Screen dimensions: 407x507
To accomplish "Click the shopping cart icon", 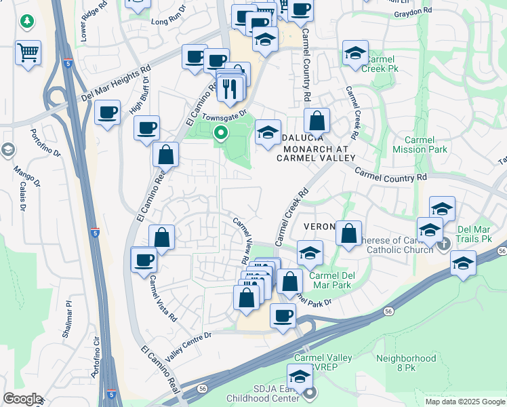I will pos(28,52).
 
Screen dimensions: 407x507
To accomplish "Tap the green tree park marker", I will pos(27,22).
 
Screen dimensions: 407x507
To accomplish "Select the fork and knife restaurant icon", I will pos(230,88).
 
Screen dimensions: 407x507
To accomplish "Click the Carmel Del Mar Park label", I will pos(331,280).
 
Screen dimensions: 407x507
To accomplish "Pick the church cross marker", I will pos(444,244).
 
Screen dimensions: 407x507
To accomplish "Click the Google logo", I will pos(22,399).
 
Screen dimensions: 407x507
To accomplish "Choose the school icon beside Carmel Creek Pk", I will pos(355,54).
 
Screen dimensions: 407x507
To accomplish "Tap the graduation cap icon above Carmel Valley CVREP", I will pos(299,376).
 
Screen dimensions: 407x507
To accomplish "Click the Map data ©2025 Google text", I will pos(464,402).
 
